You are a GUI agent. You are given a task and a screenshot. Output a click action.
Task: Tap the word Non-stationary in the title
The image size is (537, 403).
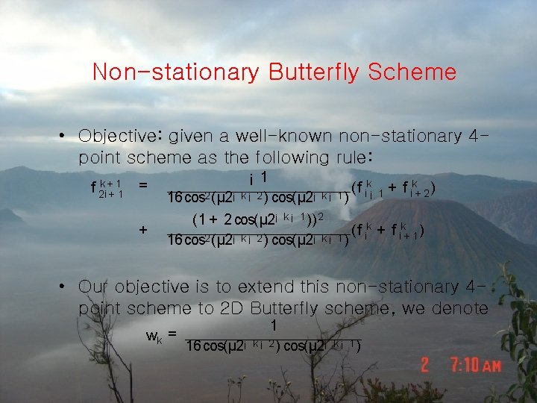click(x=176, y=72)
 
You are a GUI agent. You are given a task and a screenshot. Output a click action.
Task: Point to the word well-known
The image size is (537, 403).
click(x=285, y=137)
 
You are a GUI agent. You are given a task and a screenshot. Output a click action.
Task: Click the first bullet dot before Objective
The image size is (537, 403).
click(x=66, y=137)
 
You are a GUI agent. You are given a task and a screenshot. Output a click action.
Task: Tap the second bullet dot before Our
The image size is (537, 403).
click(x=66, y=287)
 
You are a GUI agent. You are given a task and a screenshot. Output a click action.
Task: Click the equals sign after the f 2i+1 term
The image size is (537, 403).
click(x=142, y=185)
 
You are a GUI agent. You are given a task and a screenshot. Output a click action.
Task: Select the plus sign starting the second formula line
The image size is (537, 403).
click(x=142, y=230)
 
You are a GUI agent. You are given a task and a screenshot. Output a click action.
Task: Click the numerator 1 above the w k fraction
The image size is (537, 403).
click(x=274, y=326)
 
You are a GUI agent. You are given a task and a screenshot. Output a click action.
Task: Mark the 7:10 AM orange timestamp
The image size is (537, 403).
click(x=474, y=366)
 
